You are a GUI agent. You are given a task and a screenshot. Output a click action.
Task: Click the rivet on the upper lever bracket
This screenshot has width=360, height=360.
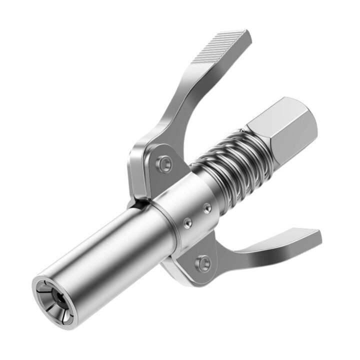pos(164,163)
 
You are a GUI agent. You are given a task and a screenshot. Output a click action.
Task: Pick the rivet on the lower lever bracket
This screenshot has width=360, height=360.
pos(202,261)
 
